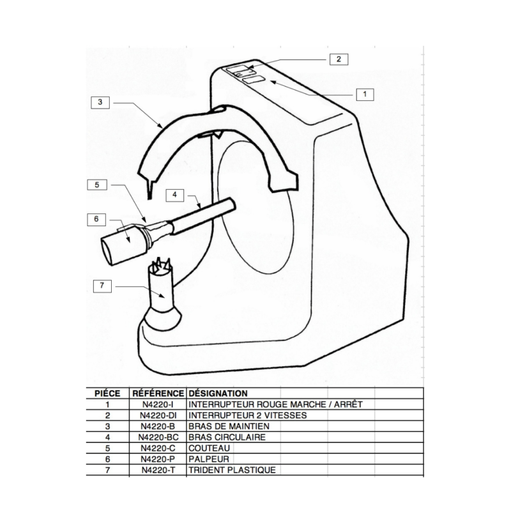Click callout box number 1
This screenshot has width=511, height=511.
[363, 93]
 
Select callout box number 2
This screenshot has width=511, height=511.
[339, 59]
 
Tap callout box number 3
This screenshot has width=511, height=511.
[100, 102]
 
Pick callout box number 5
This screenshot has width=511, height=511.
[97, 185]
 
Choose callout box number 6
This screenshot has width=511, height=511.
[96, 218]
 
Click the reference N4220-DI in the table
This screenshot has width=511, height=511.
[158, 415]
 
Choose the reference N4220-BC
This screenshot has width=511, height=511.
[158, 438]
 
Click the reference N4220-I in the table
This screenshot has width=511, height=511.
[158, 404]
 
